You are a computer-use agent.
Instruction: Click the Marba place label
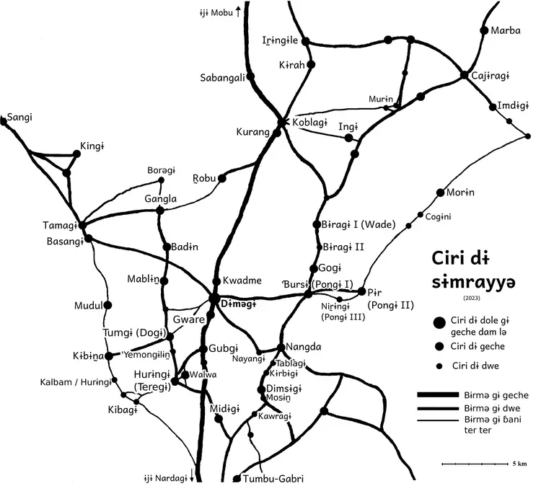tap(506, 31)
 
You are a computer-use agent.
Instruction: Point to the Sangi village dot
tap(4, 123)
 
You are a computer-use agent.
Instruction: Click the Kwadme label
tap(242, 280)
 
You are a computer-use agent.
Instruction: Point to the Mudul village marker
tap(108, 305)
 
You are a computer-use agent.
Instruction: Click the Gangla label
tap(160, 198)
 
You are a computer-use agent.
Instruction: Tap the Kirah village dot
tap(311, 65)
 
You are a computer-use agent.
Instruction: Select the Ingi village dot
tap(348, 137)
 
